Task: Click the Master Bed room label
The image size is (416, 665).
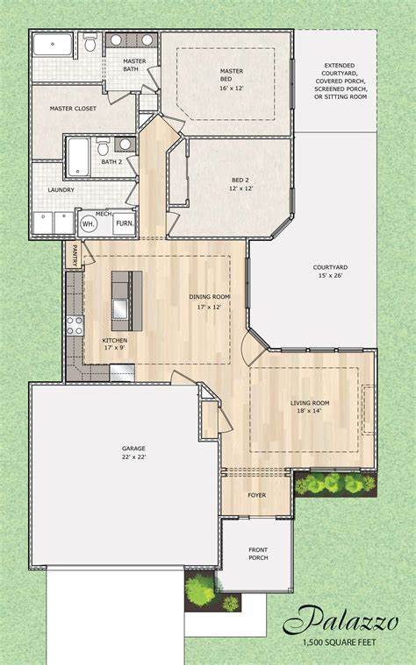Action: [x=231, y=75]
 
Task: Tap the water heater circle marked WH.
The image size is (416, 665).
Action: [x=90, y=223]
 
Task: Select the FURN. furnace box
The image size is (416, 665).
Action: [x=125, y=223]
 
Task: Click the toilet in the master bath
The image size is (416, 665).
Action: [x=90, y=42]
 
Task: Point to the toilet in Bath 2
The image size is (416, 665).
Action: [x=103, y=146]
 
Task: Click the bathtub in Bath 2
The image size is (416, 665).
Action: [x=78, y=157]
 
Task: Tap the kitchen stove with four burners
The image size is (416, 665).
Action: [x=75, y=326]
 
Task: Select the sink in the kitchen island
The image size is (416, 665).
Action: [x=120, y=308]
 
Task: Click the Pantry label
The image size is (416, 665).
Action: [x=75, y=255]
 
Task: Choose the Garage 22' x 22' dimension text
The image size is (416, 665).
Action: [x=134, y=456]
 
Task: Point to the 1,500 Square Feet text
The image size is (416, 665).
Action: [x=339, y=642]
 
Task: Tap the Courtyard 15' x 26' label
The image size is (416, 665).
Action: [x=330, y=272]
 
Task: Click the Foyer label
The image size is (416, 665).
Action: [x=256, y=495]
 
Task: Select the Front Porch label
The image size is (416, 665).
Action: [x=258, y=554]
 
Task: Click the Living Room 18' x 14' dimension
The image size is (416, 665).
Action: [x=310, y=411]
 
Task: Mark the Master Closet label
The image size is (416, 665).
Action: [x=73, y=109]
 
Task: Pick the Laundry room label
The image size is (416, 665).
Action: [x=61, y=190]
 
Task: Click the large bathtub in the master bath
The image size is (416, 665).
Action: [x=53, y=45]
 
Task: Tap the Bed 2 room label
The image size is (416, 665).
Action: [x=241, y=184]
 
